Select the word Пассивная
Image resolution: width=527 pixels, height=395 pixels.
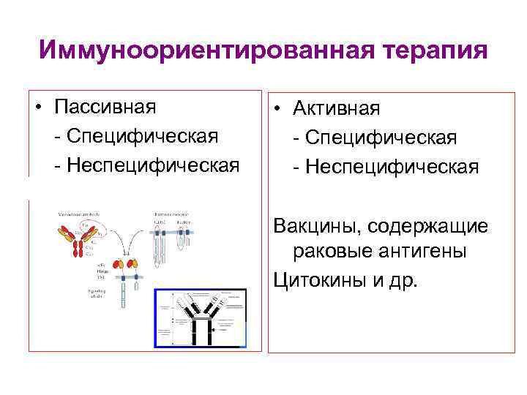pos(105,107)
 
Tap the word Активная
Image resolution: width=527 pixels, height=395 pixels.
pos(337,109)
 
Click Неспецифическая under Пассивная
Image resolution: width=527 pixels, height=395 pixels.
pos(152,165)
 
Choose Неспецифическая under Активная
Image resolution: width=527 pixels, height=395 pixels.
pos(392,167)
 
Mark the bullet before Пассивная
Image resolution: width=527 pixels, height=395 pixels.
pos(37,108)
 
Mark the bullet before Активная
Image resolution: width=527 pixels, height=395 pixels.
pos(278,110)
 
